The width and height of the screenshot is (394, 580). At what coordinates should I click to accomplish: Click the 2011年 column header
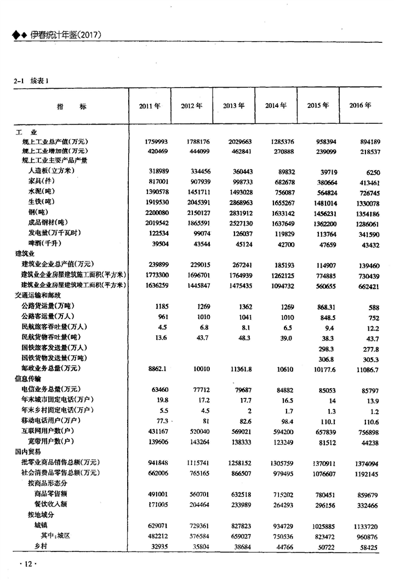pyautogui.click(x=149, y=106)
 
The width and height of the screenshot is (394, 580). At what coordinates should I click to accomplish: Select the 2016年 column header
pyautogui.click(x=360, y=105)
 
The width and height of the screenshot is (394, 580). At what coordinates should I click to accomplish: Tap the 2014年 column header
pyautogui.click(x=276, y=106)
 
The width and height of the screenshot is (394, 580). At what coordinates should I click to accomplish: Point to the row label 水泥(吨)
pyautogui.click(x=41, y=191)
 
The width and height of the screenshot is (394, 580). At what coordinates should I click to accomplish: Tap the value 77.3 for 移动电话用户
pyautogui.click(x=158, y=420)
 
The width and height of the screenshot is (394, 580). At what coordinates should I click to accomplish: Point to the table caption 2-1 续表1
pyautogui.click(x=31, y=81)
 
